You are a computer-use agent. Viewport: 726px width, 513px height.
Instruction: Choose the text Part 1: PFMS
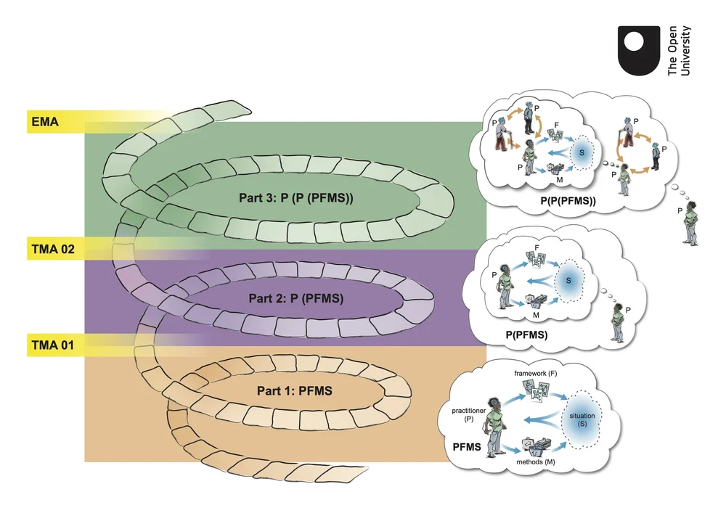click(x=294, y=391)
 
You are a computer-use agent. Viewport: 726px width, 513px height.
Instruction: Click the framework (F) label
click(x=537, y=373)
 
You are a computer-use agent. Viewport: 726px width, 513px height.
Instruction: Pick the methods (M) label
click(x=536, y=462)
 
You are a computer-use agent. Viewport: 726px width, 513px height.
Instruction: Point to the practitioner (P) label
click(x=465, y=415)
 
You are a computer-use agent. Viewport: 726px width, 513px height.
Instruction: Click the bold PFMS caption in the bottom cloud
click(x=467, y=446)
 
